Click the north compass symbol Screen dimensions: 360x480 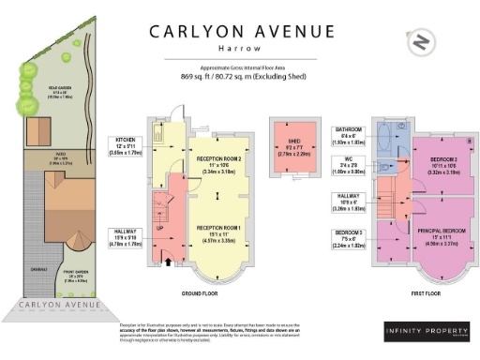pos(422,43)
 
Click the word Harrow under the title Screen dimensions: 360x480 pos(240,47)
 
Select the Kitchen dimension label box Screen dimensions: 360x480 pos(126,145)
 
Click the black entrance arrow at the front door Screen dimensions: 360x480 pos(169,263)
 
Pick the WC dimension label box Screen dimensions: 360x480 pos(352,165)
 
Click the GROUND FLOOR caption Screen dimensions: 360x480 pos(199,293)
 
